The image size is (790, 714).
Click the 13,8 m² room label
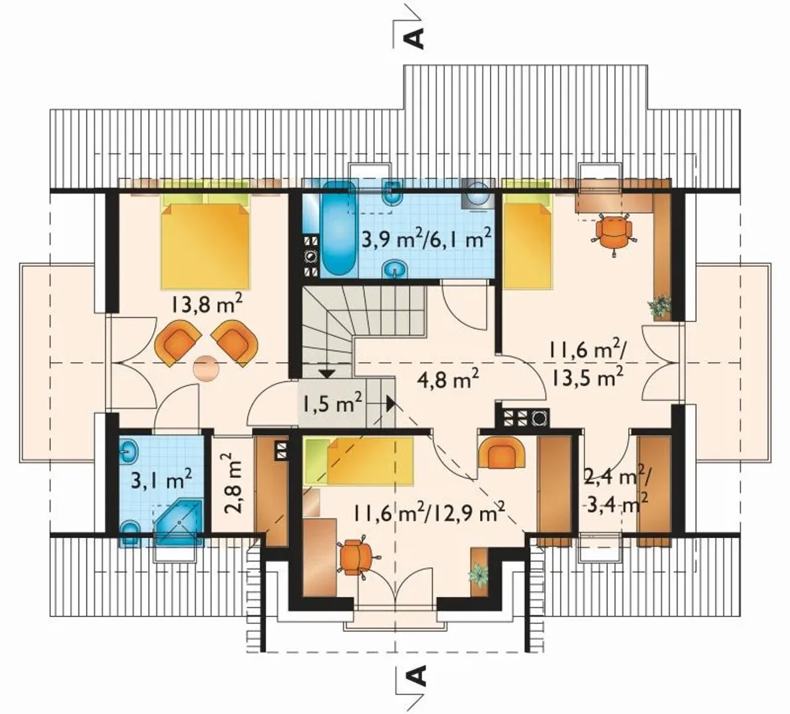click(206, 304)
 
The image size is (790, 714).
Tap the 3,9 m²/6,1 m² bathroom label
click(426, 240)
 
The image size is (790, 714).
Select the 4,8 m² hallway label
click(448, 379)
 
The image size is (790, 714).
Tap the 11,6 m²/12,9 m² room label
click(430, 513)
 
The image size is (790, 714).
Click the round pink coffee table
click(206, 368)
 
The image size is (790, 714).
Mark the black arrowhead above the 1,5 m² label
click(326, 374)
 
